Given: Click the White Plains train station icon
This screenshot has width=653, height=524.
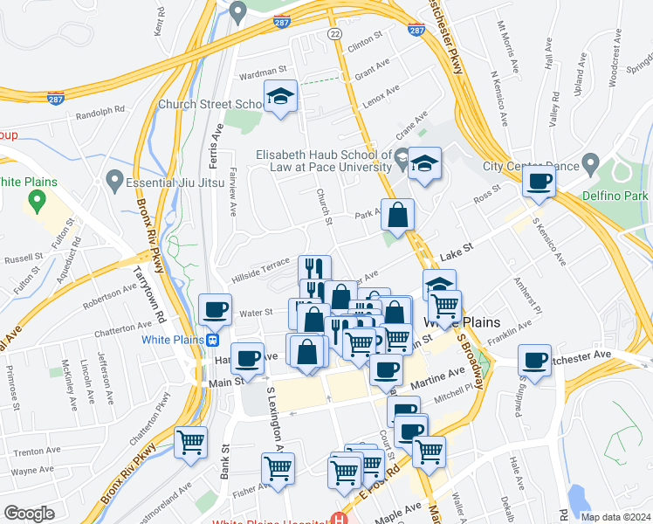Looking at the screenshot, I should click(212, 339).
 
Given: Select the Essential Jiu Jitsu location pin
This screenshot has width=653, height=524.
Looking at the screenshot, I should click(113, 181).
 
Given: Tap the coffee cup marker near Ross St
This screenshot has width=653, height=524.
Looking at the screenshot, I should click(538, 182).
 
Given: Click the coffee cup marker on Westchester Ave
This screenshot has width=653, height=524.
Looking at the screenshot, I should click(534, 359).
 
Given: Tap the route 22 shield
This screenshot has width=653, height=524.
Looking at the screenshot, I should click(334, 33).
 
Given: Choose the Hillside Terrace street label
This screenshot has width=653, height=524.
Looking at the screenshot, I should click(259, 268).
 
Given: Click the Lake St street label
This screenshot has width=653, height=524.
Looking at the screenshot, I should click(457, 251).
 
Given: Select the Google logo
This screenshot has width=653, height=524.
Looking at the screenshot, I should click(29, 514).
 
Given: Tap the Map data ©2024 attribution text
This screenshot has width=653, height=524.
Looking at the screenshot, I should click(615, 517).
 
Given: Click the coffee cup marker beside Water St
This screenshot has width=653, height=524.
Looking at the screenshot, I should click(215, 308).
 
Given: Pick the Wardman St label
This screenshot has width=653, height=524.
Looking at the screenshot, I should click(263, 71).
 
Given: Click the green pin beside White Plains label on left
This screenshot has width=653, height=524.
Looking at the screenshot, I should click(37, 202).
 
